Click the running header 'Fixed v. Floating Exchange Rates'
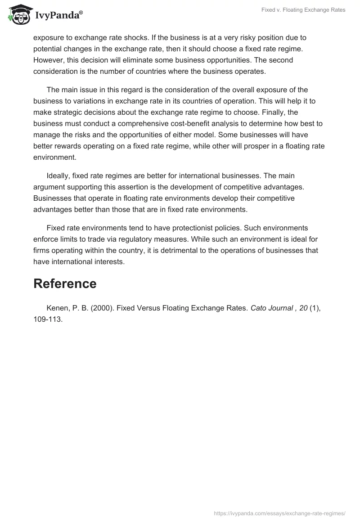303,10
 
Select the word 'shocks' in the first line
144,37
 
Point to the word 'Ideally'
58,175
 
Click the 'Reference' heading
65,283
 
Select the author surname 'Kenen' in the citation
57,308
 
